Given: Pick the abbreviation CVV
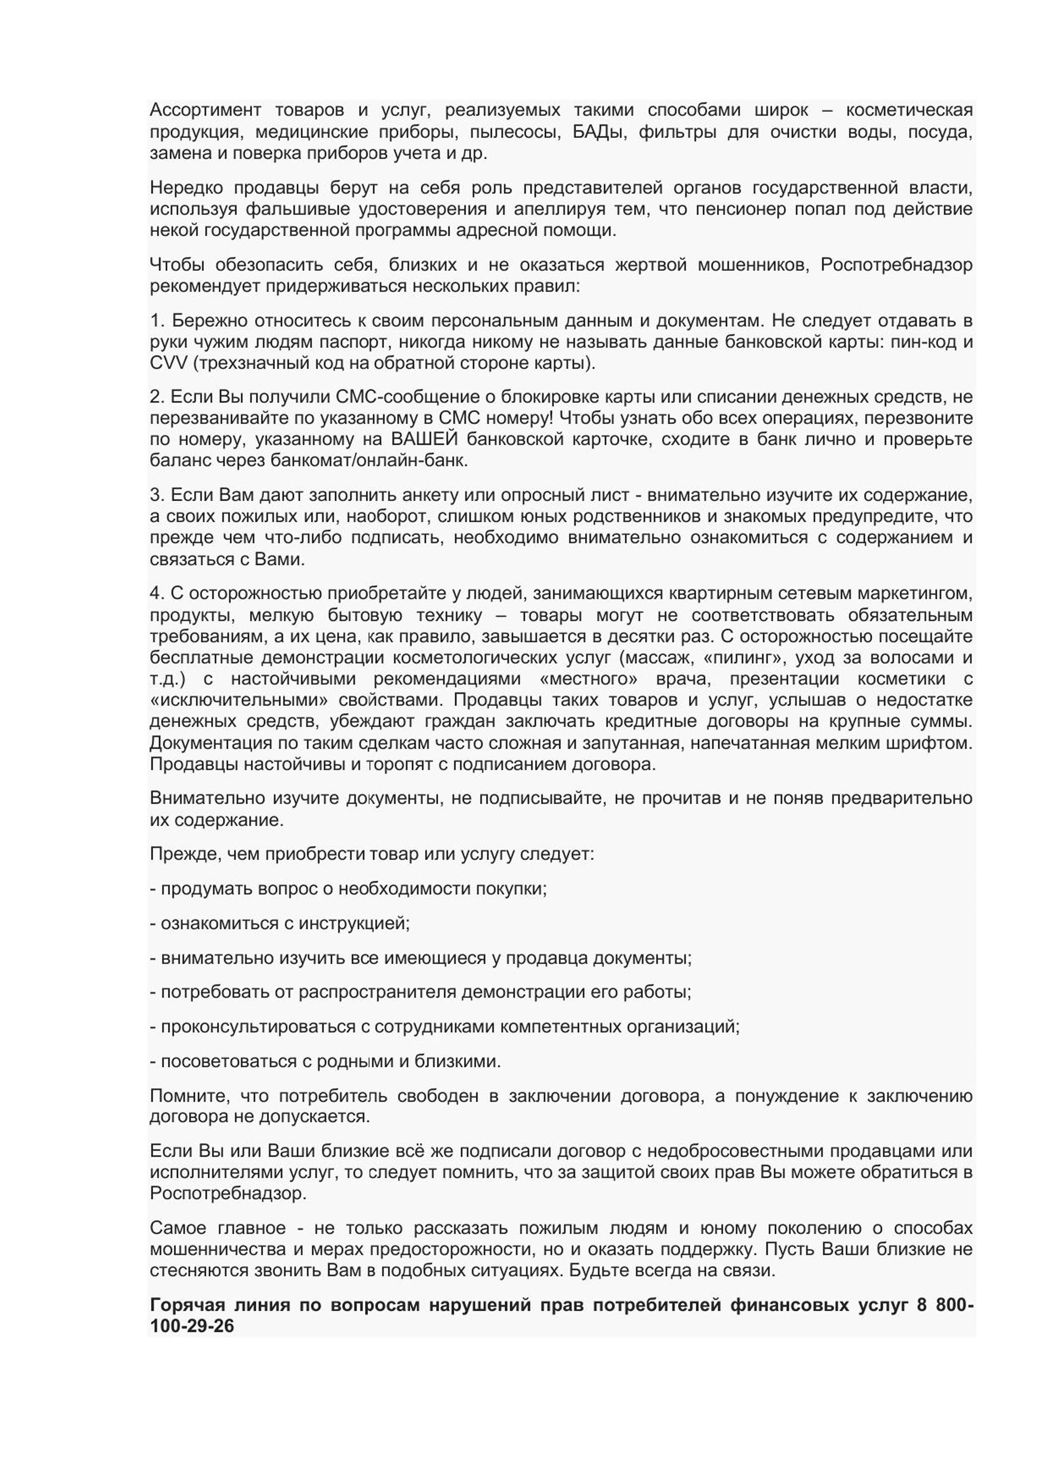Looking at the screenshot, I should click(169, 363).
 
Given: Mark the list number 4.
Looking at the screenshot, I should click(155, 593).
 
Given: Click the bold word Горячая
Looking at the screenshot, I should click(187, 1305).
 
